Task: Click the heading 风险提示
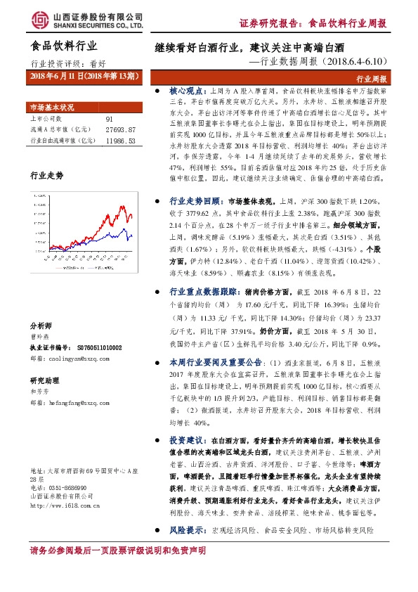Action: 186,529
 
